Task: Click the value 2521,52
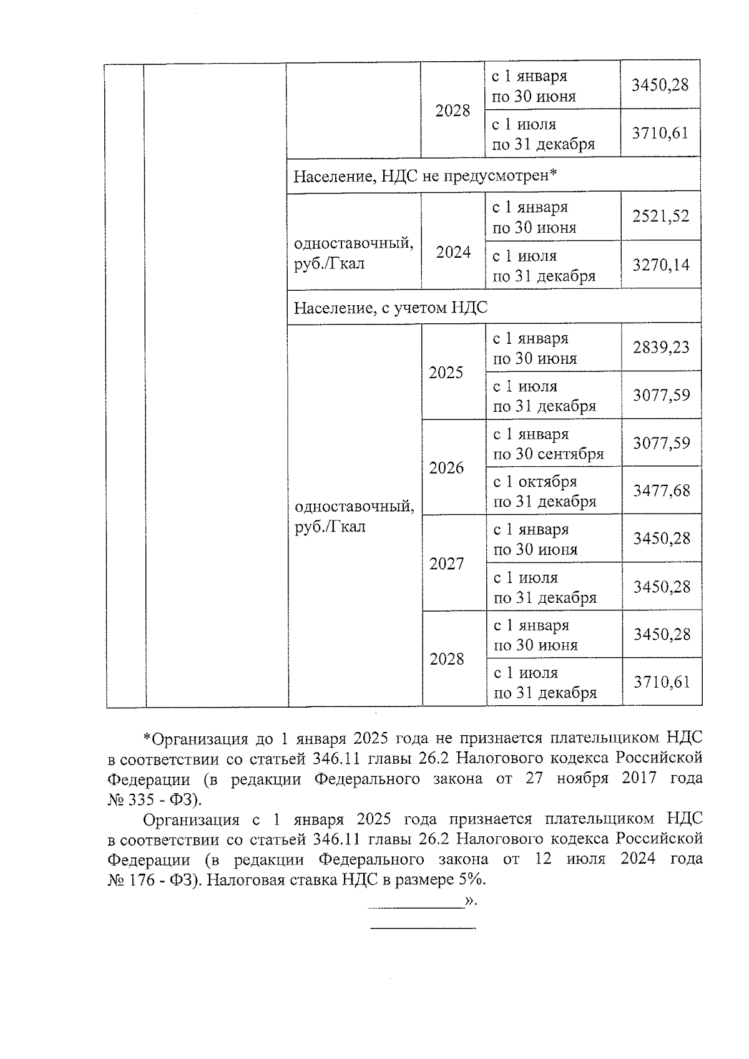(x=660, y=217)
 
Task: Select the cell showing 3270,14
(x=661, y=265)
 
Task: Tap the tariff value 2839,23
(x=661, y=348)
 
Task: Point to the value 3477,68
(x=662, y=491)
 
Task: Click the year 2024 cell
(x=453, y=252)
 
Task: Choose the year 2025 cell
(x=446, y=373)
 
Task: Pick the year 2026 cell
(x=446, y=468)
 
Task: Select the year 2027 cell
(x=447, y=564)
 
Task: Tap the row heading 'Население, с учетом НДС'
(x=391, y=308)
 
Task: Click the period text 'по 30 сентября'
(x=549, y=454)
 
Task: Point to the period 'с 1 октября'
(x=535, y=482)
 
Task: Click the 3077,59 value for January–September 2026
(x=662, y=443)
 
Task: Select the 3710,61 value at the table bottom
(x=662, y=682)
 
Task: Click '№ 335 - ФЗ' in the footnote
(x=152, y=799)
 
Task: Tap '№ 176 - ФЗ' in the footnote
(x=152, y=880)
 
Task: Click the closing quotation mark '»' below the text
(x=469, y=900)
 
